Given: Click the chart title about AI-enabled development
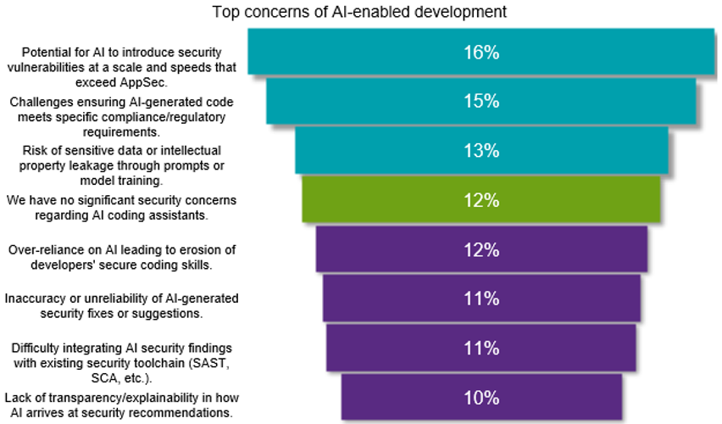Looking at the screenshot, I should click(x=359, y=12).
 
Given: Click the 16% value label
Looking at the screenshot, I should click(x=480, y=52).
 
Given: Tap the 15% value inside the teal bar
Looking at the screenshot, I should click(x=480, y=101).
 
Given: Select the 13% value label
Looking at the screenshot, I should click(x=480, y=151).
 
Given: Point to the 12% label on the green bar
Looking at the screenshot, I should click(x=480, y=200).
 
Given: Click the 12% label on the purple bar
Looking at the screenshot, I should click(x=480, y=249).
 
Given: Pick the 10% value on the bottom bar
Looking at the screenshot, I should click(x=480, y=398).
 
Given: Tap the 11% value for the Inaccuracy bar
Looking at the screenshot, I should click(x=480, y=298).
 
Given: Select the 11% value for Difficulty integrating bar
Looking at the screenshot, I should click(x=480, y=348).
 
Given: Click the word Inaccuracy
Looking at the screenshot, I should click(x=34, y=298).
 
